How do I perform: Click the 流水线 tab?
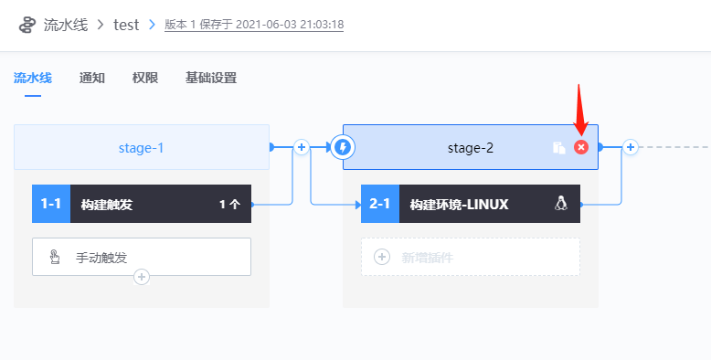33,78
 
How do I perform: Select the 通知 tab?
92,78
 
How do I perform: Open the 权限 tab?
145,78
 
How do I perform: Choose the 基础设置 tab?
211,78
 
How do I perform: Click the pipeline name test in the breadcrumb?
126,25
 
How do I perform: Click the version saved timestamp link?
254,25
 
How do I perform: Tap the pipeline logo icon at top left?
27,25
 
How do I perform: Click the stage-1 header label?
142,147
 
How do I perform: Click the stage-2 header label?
471,147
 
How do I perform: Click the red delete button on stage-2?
581,147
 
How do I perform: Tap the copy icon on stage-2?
559,147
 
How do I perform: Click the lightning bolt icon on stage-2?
344,147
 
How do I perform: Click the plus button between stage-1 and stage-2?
301,146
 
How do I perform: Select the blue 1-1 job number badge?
50,204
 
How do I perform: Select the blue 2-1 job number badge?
379,204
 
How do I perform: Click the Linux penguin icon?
561,204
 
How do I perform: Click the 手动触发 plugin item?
142,257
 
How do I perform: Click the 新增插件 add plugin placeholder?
471,257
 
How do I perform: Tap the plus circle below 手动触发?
142,276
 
